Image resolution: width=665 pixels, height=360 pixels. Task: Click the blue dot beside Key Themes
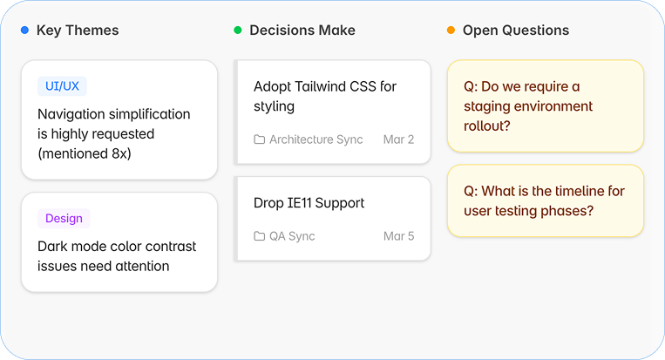[x=25, y=31]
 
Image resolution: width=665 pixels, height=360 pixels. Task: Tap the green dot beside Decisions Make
[x=238, y=31]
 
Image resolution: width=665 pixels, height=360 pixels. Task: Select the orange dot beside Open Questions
[x=451, y=31]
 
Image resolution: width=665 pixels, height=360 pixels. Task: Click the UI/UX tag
[x=62, y=86]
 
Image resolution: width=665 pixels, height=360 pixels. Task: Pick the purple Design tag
[x=64, y=219]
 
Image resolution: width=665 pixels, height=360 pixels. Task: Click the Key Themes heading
[x=78, y=31]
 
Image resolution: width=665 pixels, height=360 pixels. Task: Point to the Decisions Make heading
[x=302, y=31]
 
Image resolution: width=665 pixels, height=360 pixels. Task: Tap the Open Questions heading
[x=516, y=31]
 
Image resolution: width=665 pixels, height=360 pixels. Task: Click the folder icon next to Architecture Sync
[x=259, y=139]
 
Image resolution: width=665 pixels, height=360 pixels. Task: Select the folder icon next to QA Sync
[x=259, y=236]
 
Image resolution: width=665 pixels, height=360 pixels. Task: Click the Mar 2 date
[x=398, y=139]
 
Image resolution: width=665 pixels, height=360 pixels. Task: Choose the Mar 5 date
[x=398, y=236]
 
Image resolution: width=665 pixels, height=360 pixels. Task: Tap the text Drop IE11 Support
[x=309, y=203]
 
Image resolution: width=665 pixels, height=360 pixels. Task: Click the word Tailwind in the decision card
[x=320, y=86]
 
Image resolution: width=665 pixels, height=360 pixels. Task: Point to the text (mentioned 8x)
[x=85, y=153]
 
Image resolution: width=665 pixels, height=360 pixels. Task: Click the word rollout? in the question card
[x=487, y=126]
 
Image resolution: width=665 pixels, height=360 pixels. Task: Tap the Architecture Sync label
[x=316, y=139]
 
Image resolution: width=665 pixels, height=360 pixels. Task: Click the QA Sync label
[x=292, y=236]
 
